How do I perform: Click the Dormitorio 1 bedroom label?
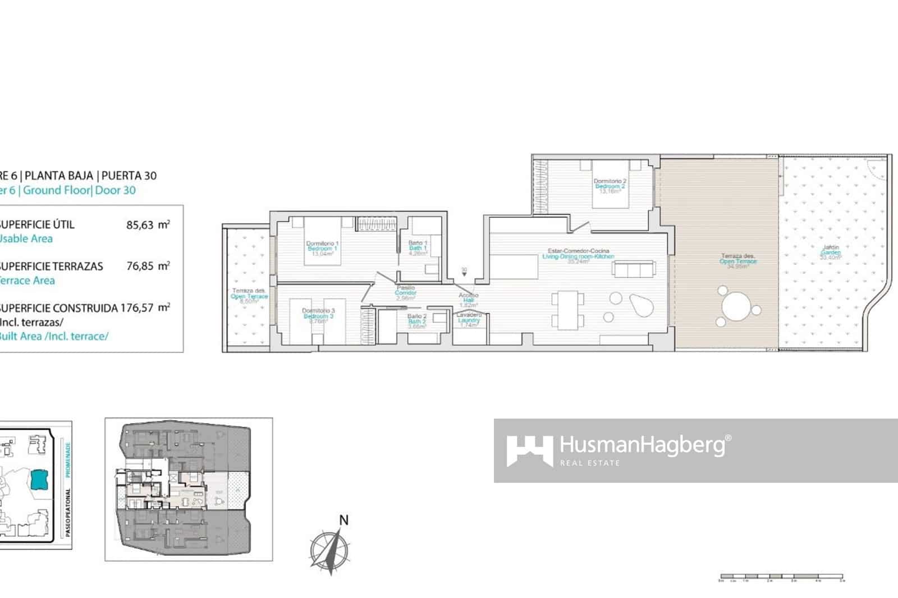(x=322, y=248)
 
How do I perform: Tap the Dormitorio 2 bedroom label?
(x=610, y=186)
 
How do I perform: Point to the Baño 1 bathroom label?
(x=418, y=247)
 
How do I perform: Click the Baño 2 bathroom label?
(x=417, y=321)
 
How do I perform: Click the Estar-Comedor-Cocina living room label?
(x=578, y=256)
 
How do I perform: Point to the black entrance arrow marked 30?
(x=464, y=274)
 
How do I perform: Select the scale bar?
(x=781, y=577)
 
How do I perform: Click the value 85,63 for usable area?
(x=140, y=225)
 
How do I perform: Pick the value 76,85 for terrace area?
(x=140, y=266)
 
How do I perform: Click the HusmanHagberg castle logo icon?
(x=529, y=450)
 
